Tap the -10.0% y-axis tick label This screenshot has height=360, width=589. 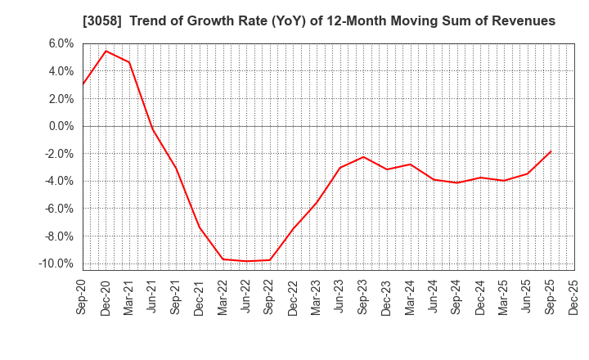pyautogui.click(x=58, y=263)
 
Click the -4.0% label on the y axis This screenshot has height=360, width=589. pyautogui.click(x=61, y=181)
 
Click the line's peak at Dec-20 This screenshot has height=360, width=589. pyautogui.click(x=106, y=51)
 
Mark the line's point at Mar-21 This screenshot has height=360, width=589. pyautogui.click(x=129, y=62)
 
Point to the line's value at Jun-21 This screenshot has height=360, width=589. pyautogui.click(x=153, y=129)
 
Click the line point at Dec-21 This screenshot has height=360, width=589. pyautogui.click(x=200, y=227)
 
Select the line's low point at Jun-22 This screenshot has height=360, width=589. pyautogui.click(x=246, y=261)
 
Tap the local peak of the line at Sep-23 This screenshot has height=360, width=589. pyautogui.click(x=363, y=156)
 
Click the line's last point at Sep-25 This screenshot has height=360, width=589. pyautogui.click(x=551, y=151)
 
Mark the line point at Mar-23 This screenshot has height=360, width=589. pyautogui.click(x=317, y=201)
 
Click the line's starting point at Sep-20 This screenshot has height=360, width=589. pyautogui.click(x=83, y=84)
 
